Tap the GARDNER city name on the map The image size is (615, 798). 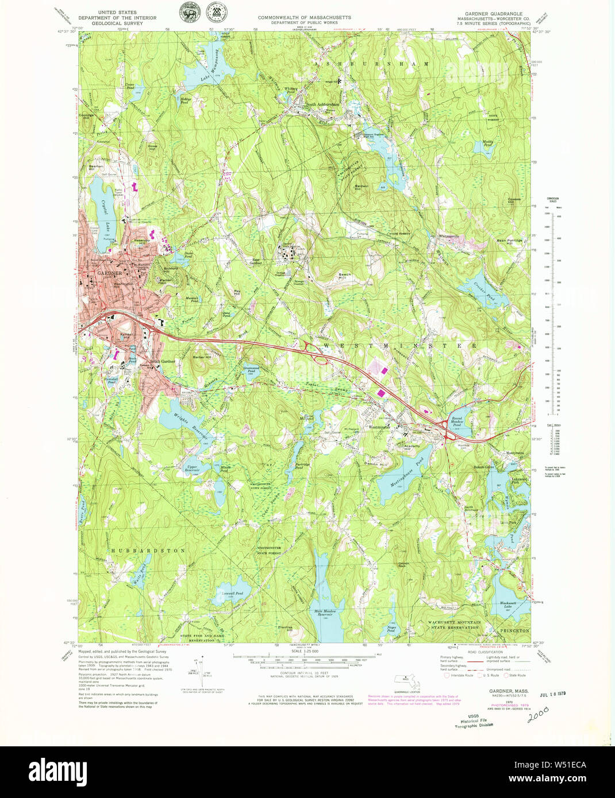[109, 273]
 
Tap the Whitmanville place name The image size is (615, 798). [449, 236]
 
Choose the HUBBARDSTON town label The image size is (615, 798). [148, 550]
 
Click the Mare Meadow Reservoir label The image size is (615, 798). [324, 612]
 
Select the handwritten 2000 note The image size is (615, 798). [537, 714]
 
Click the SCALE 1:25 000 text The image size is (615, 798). [305, 651]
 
